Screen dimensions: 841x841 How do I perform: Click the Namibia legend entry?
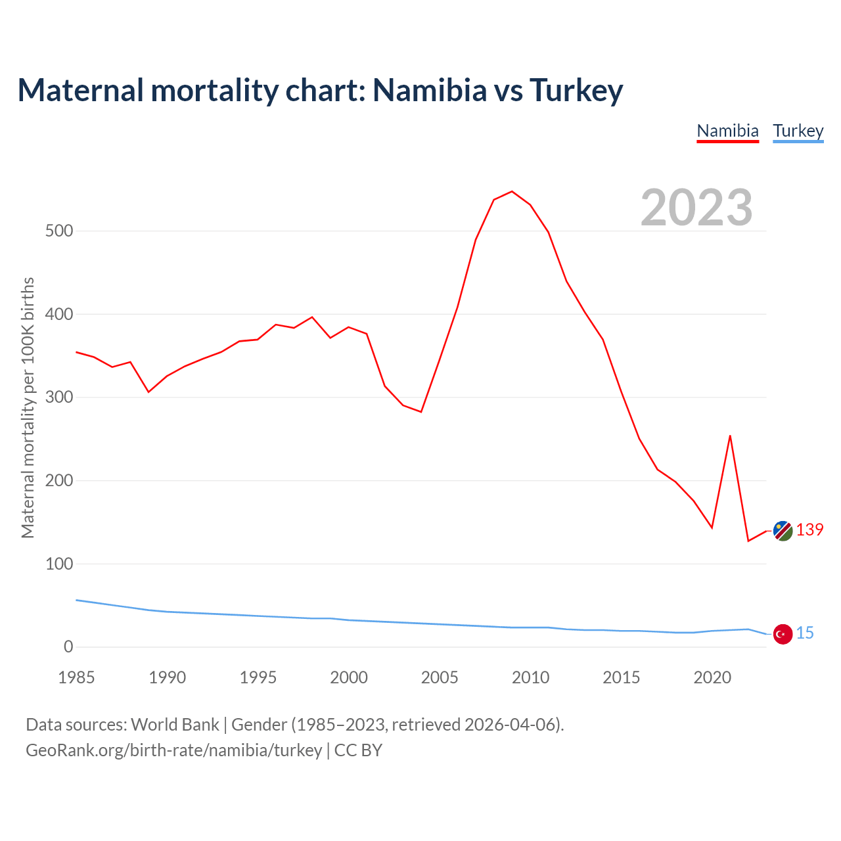point(727,131)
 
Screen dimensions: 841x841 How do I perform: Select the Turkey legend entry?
point(798,131)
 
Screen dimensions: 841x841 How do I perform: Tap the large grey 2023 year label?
point(696,208)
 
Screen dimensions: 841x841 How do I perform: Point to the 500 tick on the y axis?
point(59,231)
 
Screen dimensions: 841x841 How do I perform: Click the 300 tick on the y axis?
point(59,398)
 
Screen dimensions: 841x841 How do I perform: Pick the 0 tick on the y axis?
point(68,647)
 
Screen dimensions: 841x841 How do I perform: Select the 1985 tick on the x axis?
point(76,677)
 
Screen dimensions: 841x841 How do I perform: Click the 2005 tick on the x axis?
point(440,677)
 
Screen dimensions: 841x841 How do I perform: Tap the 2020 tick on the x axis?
point(712,677)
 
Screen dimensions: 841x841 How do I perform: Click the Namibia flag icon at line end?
point(783,531)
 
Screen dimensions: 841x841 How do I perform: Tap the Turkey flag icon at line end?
point(783,634)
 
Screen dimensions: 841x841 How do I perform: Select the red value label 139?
point(809,530)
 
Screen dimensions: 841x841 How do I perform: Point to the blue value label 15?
point(805,633)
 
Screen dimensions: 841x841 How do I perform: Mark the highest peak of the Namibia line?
point(512,192)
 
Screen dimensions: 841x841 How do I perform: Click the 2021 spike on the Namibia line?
point(730,436)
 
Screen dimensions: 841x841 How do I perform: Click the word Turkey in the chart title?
point(576,90)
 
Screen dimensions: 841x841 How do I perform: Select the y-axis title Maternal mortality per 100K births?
point(28,407)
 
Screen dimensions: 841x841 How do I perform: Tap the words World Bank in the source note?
point(175,724)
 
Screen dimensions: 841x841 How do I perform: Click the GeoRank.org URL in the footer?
point(173,750)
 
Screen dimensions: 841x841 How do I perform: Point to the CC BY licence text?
point(358,750)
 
